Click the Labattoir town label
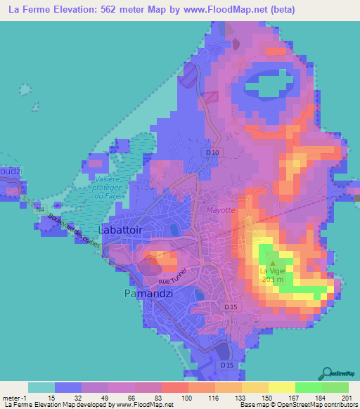coord(124,230)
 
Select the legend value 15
coord(51,398)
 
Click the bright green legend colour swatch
coord(309,387)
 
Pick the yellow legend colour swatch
coord(282,387)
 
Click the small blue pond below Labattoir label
coord(173,229)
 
